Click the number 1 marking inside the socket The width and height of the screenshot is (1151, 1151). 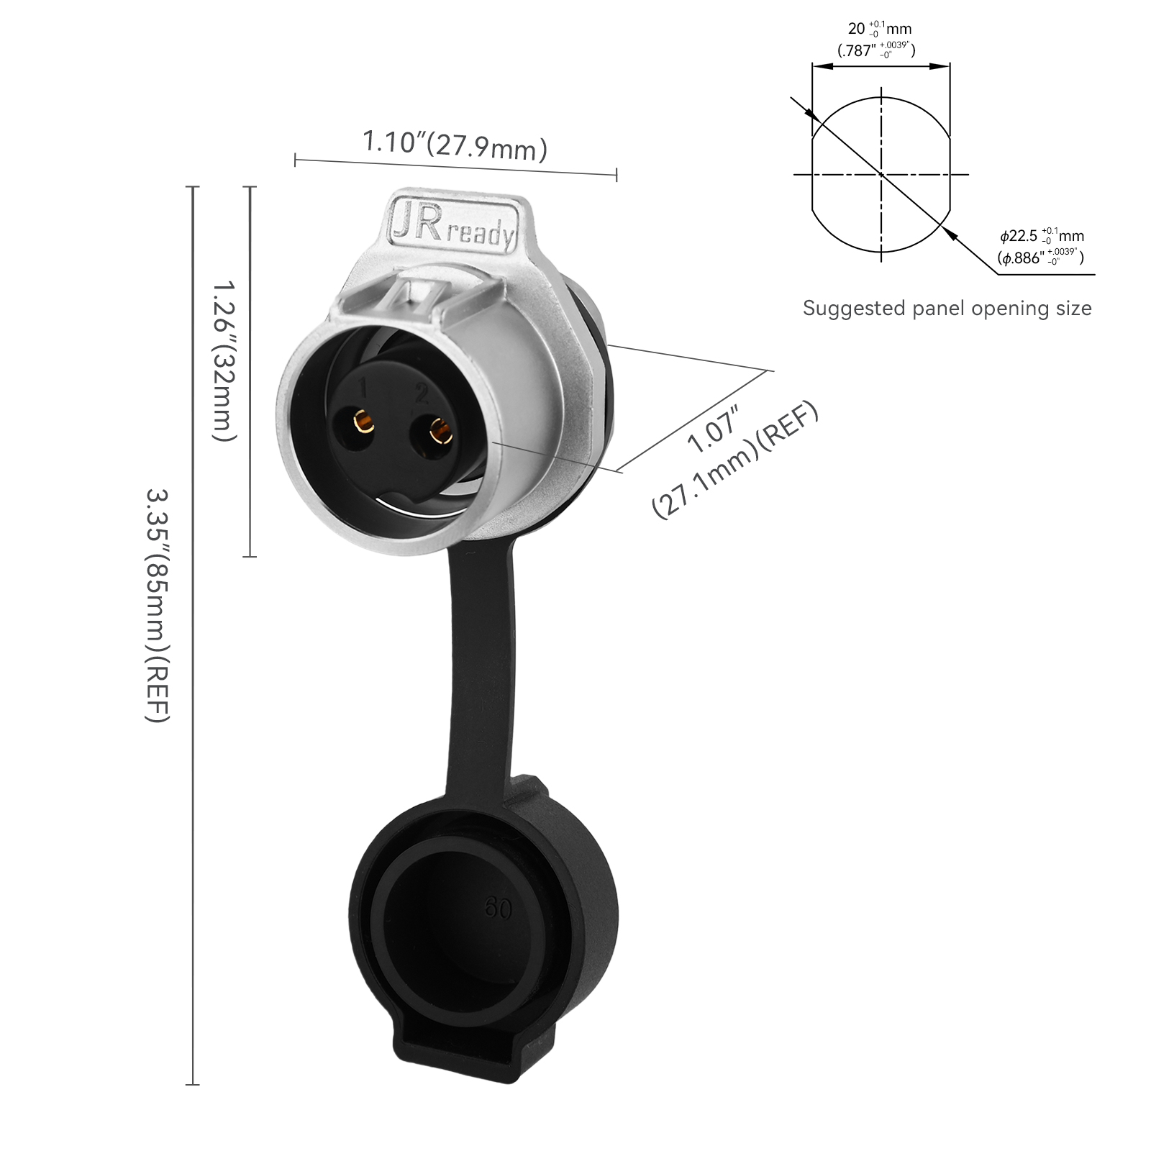[364, 389]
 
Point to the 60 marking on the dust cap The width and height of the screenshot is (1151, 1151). [498, 909]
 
